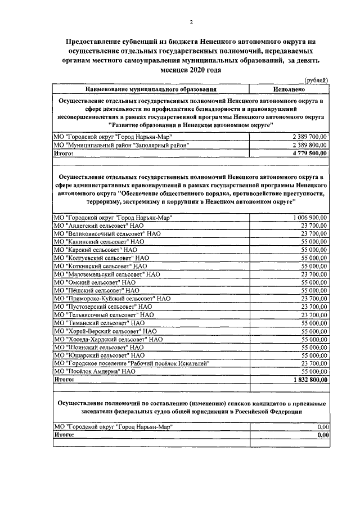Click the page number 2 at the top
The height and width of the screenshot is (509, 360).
pos(191,22)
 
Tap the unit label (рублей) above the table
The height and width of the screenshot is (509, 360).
pos(315,80)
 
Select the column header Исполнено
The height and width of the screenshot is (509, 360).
pos(289,89)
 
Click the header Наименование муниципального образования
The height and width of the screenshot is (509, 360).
pos(151,89)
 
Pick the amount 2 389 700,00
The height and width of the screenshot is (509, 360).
pos(310,137)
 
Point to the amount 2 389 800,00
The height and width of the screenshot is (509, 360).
pos(310,145)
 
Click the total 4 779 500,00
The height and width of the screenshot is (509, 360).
pos(310,152)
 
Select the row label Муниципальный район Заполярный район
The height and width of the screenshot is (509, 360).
pos(120,145)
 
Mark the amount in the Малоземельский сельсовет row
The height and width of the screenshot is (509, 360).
pos(314,274)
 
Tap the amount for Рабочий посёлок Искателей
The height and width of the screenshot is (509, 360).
pos(314,363)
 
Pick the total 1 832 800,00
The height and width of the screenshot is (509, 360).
pos(310,380)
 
